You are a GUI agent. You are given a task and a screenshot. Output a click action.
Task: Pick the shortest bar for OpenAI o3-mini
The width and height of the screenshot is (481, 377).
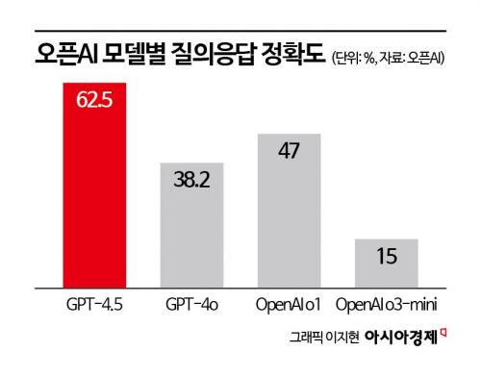click(387, 262)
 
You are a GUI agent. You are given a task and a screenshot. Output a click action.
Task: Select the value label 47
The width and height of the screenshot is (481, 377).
click(289, 150)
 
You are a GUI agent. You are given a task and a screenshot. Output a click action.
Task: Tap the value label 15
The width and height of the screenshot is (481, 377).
click(387, 258)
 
